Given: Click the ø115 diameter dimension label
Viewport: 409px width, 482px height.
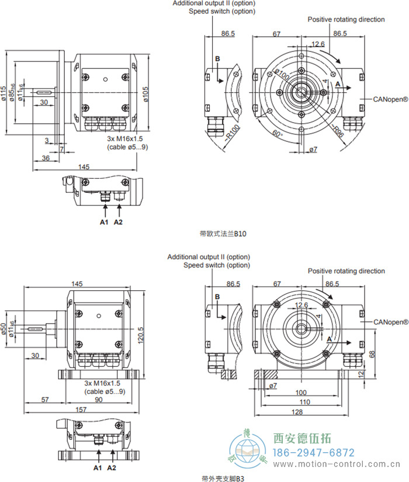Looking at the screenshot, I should point(5,93).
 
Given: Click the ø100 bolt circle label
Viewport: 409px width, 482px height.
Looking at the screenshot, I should point(283,76).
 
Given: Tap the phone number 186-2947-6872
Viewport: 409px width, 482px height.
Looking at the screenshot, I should point(314,453).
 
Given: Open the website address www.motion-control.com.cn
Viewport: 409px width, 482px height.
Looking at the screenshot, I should point(339,464).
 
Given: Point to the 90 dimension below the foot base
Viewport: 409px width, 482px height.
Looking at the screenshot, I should point(99,400).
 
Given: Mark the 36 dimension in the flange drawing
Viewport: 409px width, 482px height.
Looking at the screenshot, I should point(46,158).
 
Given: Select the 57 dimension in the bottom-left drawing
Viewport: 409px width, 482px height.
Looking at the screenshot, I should point(45,400).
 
